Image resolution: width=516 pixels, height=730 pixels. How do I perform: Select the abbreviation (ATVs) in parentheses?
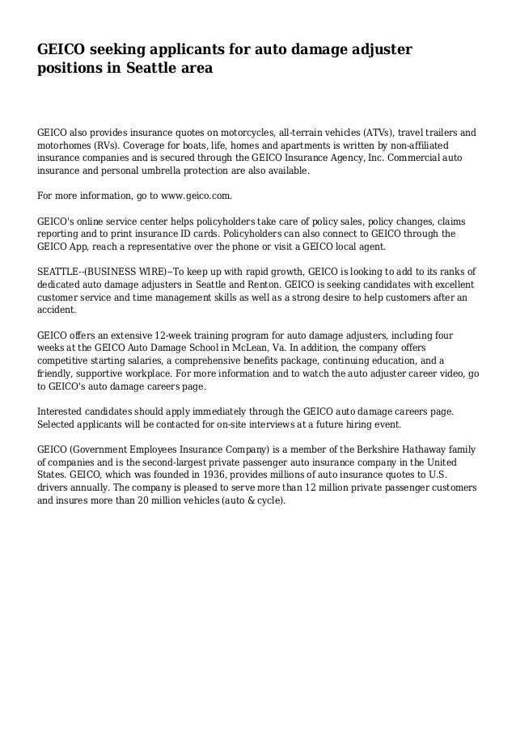374,132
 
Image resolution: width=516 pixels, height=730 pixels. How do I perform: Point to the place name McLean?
269,348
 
